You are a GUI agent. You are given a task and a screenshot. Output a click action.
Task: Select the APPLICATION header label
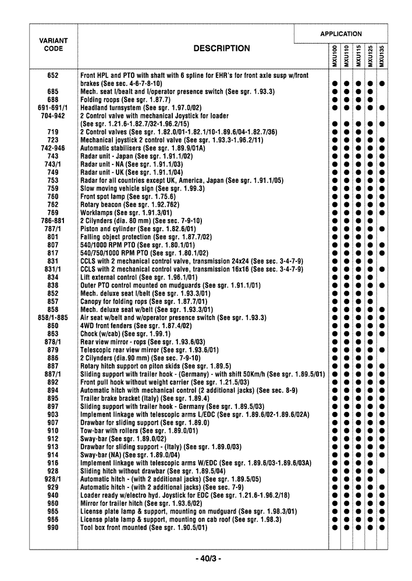click(x=340, y=34)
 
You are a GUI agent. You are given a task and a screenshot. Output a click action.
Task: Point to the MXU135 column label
click(x=382, y=56)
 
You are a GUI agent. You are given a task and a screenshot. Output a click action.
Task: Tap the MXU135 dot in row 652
click(x=382, y=84)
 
